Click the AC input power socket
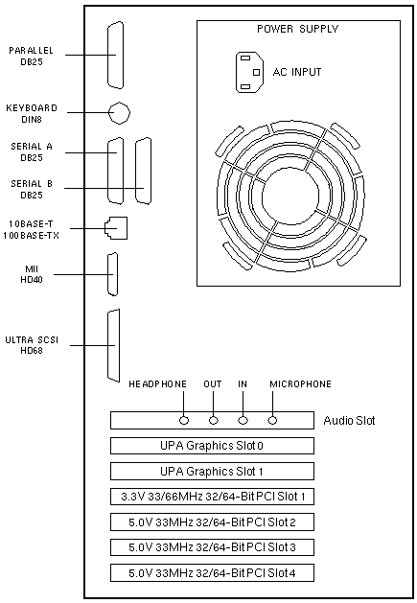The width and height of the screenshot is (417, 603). point(249,72)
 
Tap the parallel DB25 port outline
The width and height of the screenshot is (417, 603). point(115,55)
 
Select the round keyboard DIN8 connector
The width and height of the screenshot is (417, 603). point(119,113)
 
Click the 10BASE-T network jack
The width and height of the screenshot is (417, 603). point(116,228)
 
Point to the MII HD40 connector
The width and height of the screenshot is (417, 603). point(113,274)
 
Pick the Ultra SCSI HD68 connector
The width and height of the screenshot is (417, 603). point(113,345)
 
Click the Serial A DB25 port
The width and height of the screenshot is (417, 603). point(116,171)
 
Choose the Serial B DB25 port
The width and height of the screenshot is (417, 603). point(143,171)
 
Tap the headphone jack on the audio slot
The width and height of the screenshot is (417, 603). point(184,420)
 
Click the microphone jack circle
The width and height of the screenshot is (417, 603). point(272,420)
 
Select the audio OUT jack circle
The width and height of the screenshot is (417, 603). point(214,420)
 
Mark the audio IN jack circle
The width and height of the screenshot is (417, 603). point(243,420)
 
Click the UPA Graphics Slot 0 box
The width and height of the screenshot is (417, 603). point(212,446)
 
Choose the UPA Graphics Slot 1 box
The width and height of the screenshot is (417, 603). point(212,471)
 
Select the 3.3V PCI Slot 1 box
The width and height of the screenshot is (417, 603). point(212,497)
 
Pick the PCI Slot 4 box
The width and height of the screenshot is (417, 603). point(212,573)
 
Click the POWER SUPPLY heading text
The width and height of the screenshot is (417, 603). point(297,29)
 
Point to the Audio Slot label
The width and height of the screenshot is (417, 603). point(349,420)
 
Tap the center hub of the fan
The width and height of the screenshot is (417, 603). point(290,195)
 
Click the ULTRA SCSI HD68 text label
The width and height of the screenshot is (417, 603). point(32,345)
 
